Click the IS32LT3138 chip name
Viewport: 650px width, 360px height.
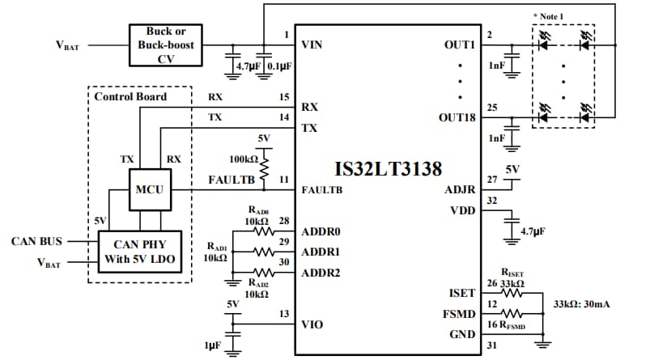(388, 170)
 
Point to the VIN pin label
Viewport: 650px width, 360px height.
(312, 44)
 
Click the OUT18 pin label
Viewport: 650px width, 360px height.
(458, 119)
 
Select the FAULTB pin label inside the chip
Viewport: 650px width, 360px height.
(321, 191)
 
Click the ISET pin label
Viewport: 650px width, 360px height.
(463, 293)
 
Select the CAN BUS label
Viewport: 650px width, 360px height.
(36, 241)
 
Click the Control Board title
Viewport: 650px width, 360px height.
(130, 96)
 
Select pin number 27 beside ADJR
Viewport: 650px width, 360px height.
(493, 179)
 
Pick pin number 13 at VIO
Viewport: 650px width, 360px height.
(283, 315)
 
